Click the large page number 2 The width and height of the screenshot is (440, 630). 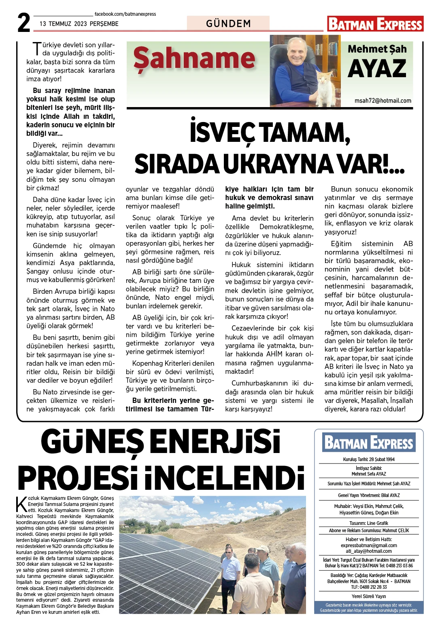[24, 23]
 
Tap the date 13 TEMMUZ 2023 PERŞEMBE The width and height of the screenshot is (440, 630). [79, 24]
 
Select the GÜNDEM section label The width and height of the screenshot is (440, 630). [228, 23]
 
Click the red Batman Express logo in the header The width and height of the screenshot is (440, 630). [375, 24]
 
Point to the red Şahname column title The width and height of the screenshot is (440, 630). [194, 59]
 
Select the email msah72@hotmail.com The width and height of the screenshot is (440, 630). [383, 101]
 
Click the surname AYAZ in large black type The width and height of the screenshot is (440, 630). [377, 69]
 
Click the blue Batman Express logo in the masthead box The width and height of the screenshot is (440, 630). [369, 442]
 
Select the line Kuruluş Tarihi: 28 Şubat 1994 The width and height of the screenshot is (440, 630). [369, 459]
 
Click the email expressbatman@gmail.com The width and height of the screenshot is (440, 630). [369, 545]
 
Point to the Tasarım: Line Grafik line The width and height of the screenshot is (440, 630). [369, 523]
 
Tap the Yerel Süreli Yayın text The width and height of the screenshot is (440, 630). [369, 596]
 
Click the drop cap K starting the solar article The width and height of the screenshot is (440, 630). [21, 504]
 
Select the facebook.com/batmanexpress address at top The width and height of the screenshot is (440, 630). [125, 14]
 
